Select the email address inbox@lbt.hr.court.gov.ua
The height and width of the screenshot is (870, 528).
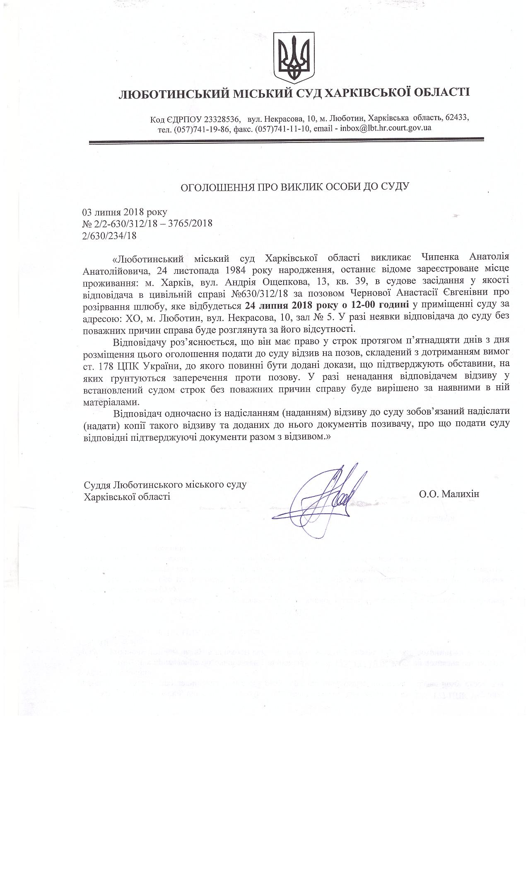click(385, 128)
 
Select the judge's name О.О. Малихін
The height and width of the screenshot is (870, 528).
click(449, 494)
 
